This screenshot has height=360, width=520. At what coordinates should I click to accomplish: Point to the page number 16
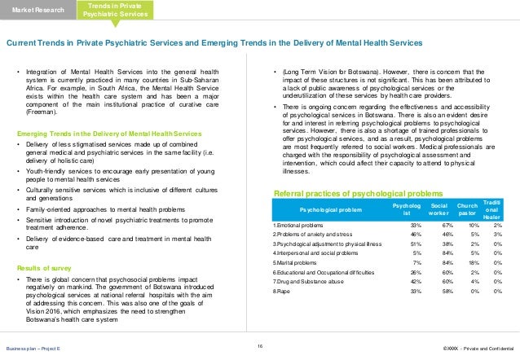click(259, 348)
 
